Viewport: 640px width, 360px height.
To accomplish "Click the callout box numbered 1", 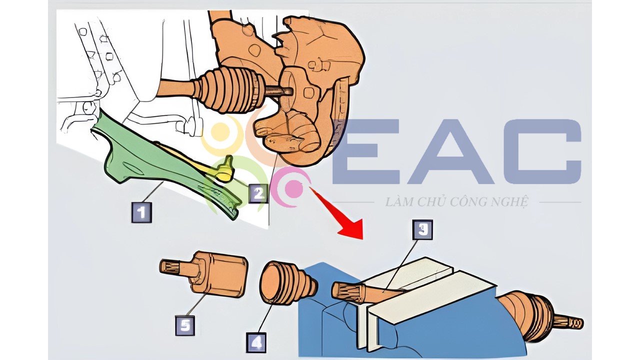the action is coord(141,212).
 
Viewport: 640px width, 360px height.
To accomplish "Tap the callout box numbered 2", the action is coord(258,193).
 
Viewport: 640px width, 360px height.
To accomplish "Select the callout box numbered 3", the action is coord(422,229).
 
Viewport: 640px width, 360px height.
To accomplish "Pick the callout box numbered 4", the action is coord(256,342).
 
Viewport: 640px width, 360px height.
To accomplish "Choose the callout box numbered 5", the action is coord(185,325).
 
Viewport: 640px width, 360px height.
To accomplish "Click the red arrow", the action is coord(337,213).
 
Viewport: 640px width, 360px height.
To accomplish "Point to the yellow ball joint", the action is coord(225,170).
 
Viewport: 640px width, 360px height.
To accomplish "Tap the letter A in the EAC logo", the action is coord(451,151).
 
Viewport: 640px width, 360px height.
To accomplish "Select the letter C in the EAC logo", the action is coord(542,151).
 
